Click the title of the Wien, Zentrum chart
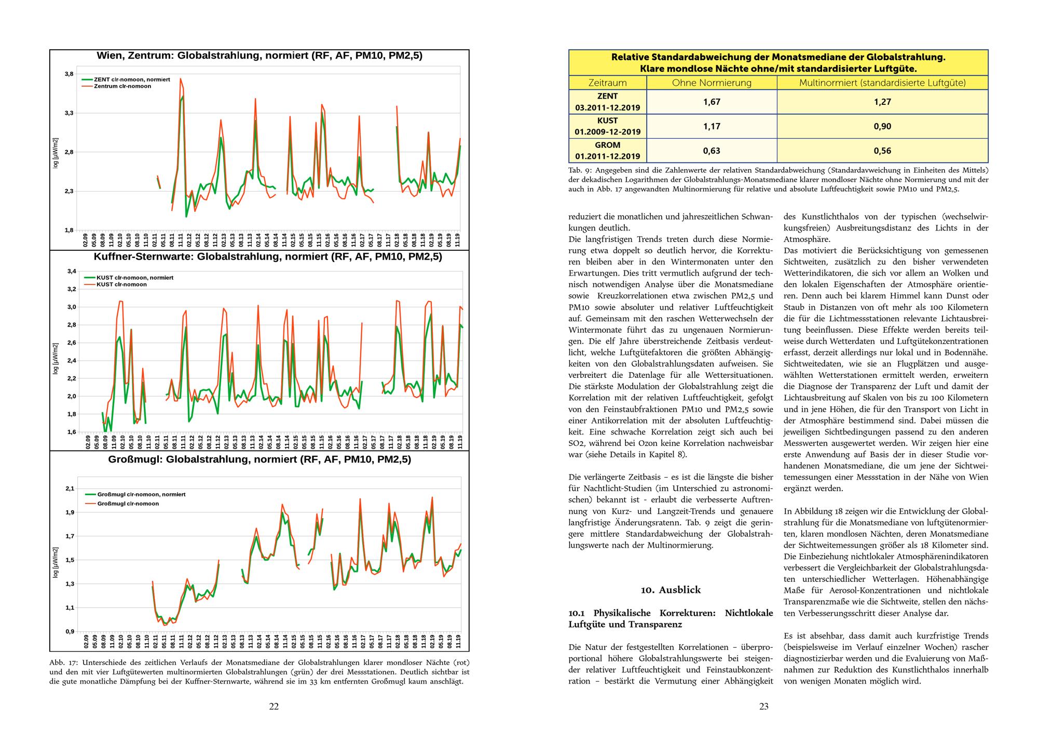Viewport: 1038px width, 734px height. [259, 56]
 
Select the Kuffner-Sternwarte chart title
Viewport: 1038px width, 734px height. [268, 257]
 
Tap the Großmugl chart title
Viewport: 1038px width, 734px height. [259, 459]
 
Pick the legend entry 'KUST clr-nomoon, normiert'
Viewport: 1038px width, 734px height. [135, 278]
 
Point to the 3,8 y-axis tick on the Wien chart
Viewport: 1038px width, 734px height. [69, 74]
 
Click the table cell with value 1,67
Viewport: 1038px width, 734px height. [712, 102]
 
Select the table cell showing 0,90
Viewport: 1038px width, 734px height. [882, 127]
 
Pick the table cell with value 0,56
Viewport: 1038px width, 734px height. [882, 151]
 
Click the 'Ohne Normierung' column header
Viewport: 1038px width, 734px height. [712, 83]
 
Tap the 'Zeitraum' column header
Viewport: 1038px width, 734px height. [607, 83]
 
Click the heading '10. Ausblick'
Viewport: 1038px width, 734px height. [671, 590]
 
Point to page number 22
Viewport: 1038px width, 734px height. [274, 706]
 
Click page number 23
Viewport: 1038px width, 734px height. [763, 706]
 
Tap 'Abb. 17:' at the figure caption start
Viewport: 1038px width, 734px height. [64, 663]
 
